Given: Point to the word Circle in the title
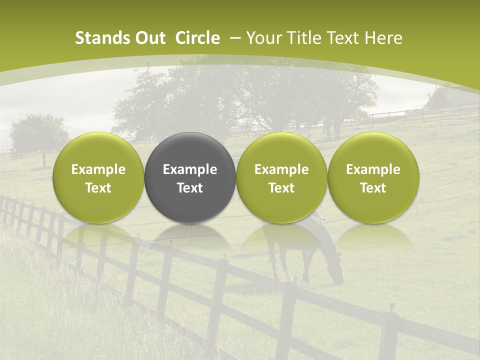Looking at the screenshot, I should point(197,38).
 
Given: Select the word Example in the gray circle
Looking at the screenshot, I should point(190,169).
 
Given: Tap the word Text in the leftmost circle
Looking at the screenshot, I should point(98,188).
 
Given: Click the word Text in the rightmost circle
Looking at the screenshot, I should point(373,188).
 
